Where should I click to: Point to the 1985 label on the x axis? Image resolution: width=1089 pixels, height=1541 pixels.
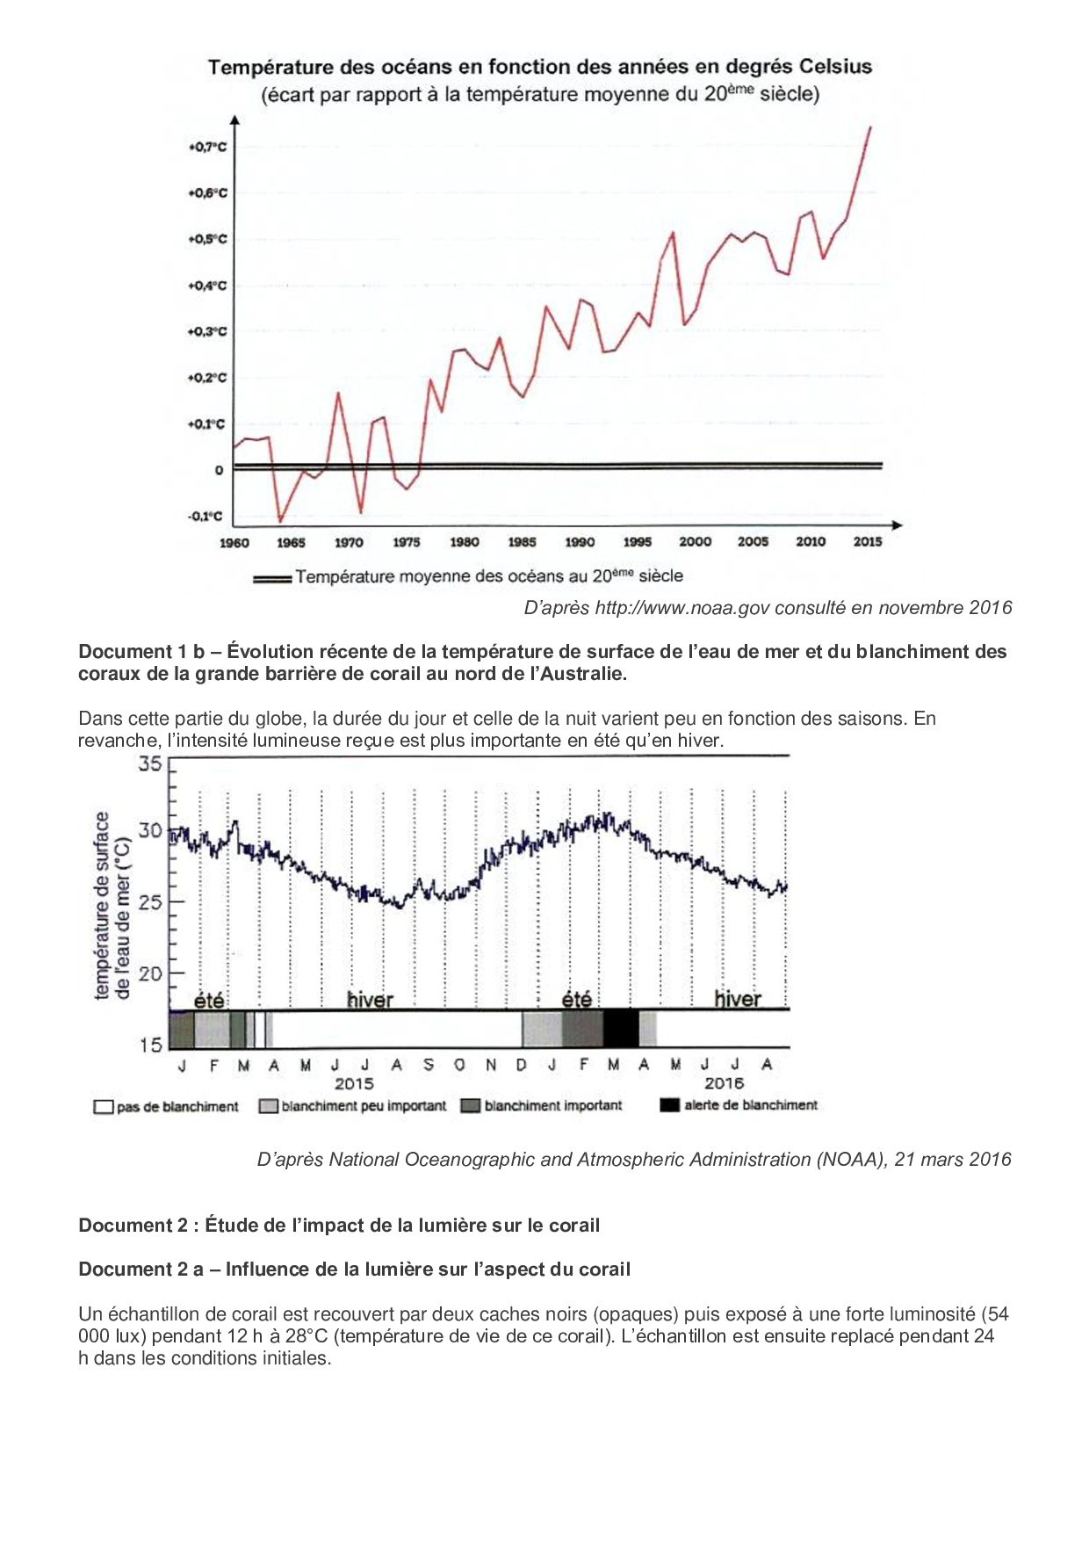[x=522, y=542]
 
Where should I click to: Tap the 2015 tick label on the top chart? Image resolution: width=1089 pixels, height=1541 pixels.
[x=867, y=541]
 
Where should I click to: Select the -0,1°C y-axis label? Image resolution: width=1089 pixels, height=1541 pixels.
[x=206, y=517]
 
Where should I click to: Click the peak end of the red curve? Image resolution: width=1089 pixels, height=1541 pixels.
[x=870, y=127]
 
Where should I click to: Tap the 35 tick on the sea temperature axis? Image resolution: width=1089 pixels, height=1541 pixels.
[x=150, y=763]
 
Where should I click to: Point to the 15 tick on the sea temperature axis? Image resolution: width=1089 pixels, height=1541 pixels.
[x=150, y=1045]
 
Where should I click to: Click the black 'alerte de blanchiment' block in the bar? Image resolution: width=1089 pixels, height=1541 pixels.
[x=621, y=1029]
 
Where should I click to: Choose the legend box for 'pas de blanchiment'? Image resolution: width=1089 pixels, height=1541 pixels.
[x=104, y=1107]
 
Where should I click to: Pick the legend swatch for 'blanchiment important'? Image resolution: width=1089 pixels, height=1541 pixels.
[x=471, y=1106]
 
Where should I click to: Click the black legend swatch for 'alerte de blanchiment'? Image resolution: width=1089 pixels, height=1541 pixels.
[x=669, y=1106]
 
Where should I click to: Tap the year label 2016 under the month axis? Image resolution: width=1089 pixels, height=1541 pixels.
[x=723, y=1084]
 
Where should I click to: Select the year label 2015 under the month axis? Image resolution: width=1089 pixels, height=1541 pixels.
[x=354, y=1084]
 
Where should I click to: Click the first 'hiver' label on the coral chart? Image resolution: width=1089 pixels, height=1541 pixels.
[x=370, y=1000]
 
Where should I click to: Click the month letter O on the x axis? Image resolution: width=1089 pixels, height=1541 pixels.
[x=458, y=1065]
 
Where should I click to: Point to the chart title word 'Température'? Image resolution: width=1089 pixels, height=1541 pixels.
[x=270, y=67]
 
